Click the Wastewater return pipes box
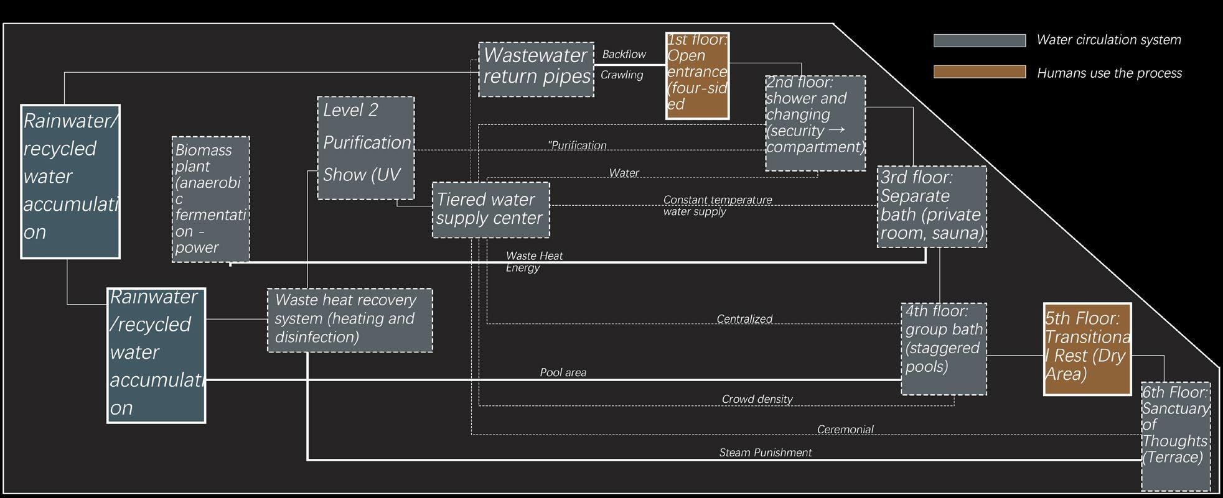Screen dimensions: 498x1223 [536, 69]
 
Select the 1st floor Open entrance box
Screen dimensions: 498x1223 [697, 75]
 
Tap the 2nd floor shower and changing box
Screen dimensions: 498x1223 [815, 123]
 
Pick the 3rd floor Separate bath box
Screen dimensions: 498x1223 [932, 206]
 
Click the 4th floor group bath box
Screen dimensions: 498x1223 [944, 348]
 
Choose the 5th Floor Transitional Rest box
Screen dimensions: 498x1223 [1087, 349]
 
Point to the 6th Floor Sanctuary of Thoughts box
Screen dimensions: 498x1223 [1175, 436]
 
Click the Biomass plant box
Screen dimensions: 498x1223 [210, 199]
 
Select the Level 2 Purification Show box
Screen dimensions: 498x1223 [365, 147]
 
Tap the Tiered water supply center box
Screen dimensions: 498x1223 [490, 210]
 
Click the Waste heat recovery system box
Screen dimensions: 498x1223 [350, 320]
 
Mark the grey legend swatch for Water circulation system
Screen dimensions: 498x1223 [979, 40]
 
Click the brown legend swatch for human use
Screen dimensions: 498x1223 [979, 71]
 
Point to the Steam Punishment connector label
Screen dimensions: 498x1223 [765, 453]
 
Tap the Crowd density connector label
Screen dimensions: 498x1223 [757, 399]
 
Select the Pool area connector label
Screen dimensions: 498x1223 [563, 372]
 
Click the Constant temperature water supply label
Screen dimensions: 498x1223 [717, 206]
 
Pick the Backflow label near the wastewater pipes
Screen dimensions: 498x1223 [624, 54]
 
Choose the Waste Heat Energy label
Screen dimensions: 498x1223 [533, 262]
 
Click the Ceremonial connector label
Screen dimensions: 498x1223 [845, 430]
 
